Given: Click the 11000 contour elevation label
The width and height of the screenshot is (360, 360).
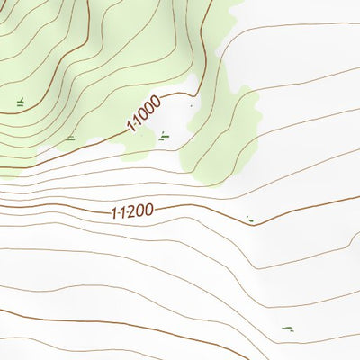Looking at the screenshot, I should pyautogui.click(x=144, y=115).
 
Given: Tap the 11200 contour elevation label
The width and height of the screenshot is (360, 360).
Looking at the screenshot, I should pyautogui.click(x=132, y=212).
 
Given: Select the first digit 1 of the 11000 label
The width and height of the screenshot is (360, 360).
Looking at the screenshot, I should pyautogui.click(x=131, y=128).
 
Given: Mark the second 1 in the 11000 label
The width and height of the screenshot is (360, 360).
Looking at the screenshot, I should pyautogui.click(x=137, y=122).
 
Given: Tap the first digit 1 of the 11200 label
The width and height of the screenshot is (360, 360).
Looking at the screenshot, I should pyautogui.click(x=113, y=214).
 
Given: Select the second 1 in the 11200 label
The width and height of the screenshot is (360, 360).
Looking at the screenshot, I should pyautogui.click(x=121, y=213).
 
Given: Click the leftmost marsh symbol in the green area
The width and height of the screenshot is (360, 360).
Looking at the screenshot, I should pyautogui.click(x=20, y=103).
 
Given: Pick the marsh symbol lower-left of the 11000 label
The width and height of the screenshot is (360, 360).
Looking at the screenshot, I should pyautogui.click(x=70, y=138).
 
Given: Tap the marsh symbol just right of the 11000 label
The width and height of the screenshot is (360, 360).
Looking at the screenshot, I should pyautogui.click(x=162, y=137).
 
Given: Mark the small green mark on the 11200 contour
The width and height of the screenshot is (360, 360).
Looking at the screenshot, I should pyautogui.click(x=249, y=219).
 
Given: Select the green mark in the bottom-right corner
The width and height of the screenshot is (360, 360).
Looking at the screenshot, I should pyautogui.click(x=287, y=329).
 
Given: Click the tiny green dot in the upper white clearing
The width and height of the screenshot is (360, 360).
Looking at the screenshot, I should pyautogui.click(x=191, y=106).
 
